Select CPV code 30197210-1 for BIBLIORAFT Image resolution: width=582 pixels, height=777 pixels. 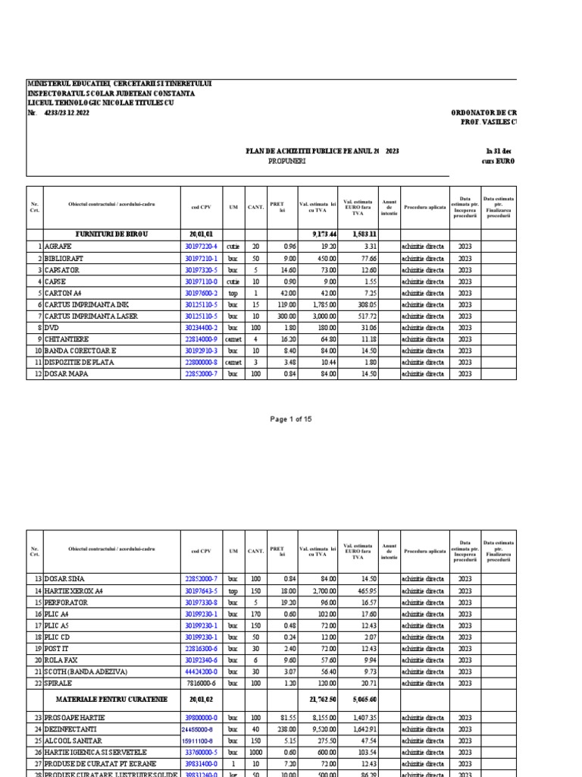(x=201, y=258)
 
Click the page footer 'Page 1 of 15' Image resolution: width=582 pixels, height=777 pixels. (x=291, y=419)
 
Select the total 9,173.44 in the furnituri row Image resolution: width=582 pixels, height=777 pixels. (x=324, y=234)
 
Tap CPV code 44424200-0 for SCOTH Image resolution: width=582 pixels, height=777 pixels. (x=201, y=672)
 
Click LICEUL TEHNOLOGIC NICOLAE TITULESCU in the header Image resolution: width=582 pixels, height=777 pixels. (x=100, y=102)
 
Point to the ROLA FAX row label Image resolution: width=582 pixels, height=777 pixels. (x=63, y=660)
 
